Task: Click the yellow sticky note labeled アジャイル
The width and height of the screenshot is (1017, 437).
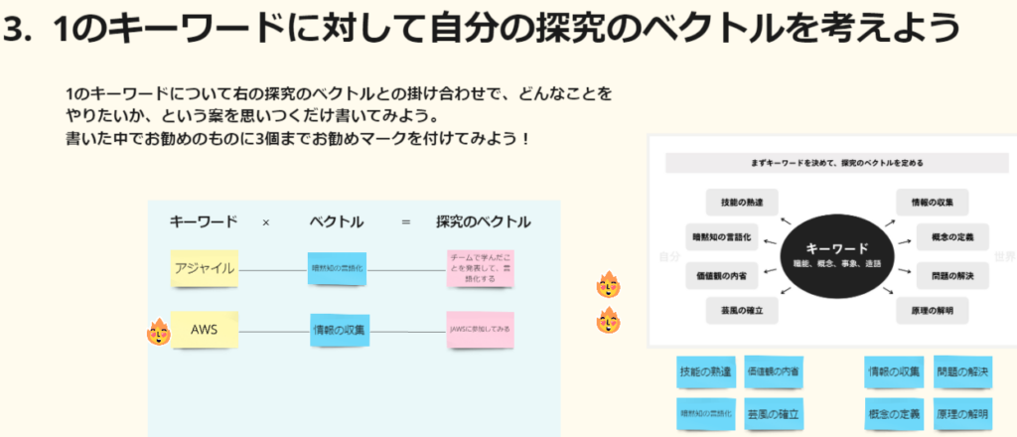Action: (x=204, y=268)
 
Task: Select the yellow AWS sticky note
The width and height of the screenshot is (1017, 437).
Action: (x=204, y=329)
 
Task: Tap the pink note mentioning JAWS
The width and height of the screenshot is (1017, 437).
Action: (x=481, y=330)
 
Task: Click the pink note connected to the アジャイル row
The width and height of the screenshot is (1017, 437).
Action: (x=481, y=268)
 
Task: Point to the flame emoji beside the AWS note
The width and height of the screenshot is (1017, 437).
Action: (x=158, y=331)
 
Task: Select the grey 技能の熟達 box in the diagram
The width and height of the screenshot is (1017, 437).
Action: (x=742, y=202)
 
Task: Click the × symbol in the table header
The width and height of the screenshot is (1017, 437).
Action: (x=265, y=222)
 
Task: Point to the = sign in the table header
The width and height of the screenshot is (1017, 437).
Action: (x=405, y=222)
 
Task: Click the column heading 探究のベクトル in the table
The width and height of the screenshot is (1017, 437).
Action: (x=483, y=221)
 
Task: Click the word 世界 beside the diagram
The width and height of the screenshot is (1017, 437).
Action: (x=1005, y=255)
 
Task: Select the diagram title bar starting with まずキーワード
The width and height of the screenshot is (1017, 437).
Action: (x=833, y=163)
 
